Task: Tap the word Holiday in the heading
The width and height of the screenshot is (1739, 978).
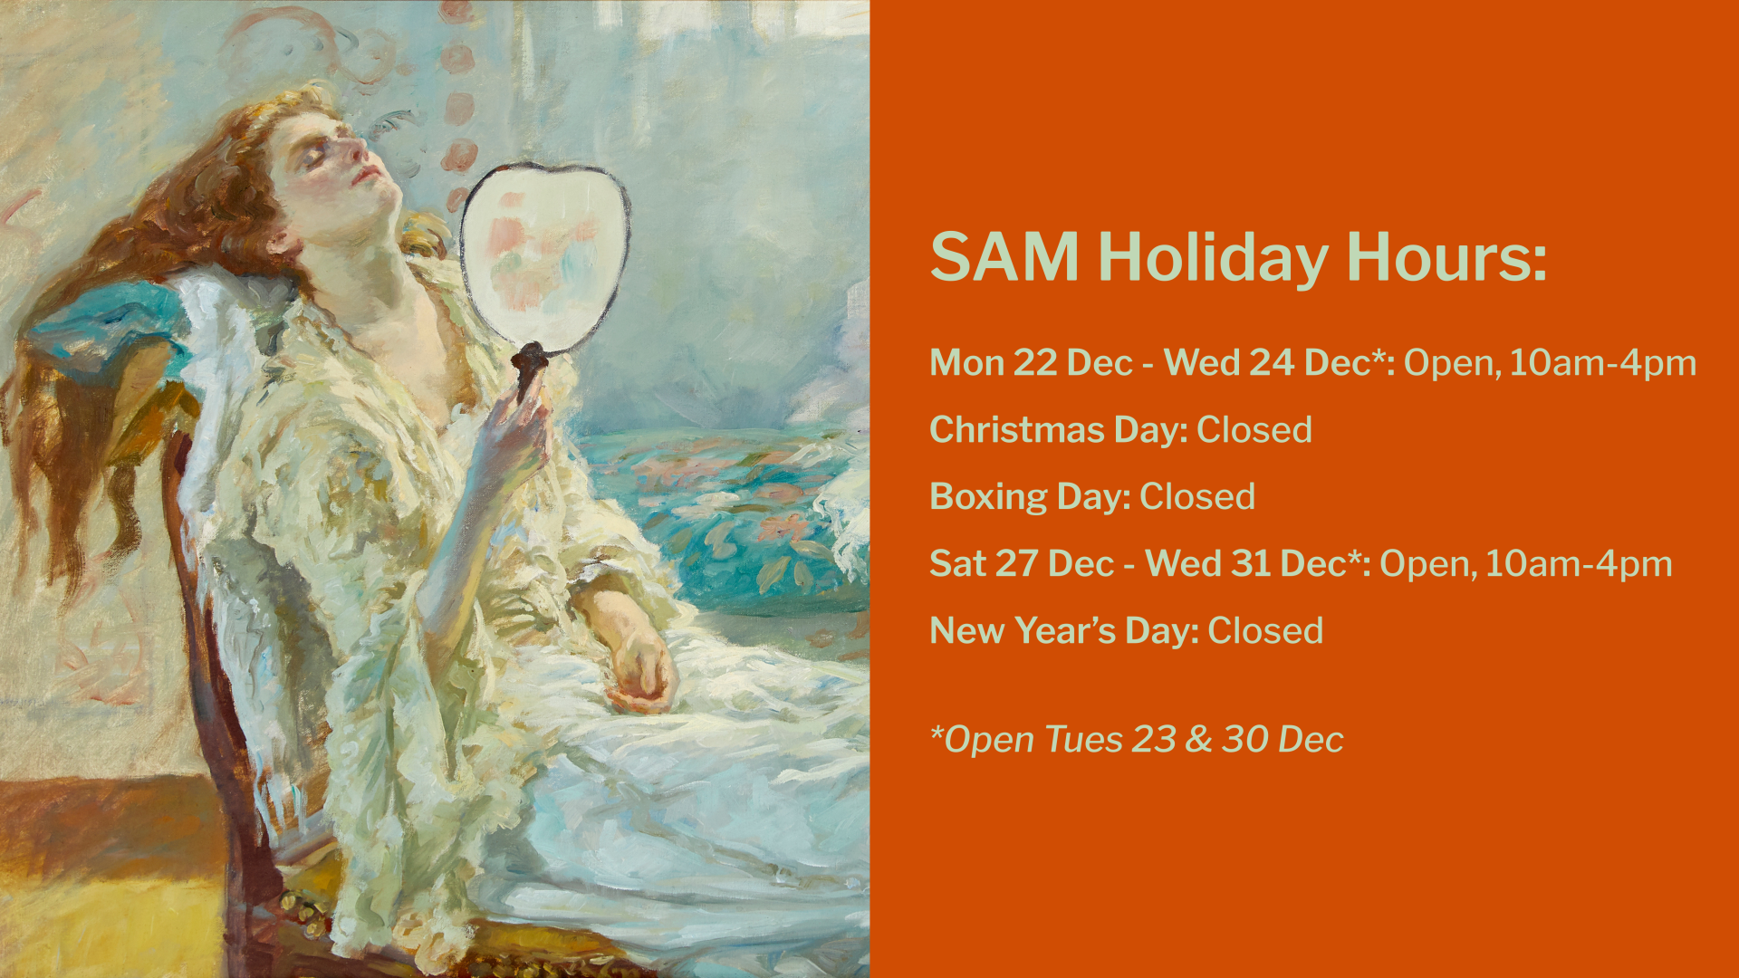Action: (1213, 259)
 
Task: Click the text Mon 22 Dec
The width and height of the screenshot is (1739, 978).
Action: (1031, 362)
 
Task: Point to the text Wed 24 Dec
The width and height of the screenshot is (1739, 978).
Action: (1267, 362)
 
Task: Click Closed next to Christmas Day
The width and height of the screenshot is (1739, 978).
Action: (1254, 429)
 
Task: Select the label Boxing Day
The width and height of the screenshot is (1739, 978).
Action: (1030, 497)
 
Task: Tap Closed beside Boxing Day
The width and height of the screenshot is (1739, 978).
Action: (1197, 496)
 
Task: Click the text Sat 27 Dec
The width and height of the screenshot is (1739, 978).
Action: (1022, 563)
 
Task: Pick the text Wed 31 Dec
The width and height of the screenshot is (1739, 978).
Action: (1245, 563)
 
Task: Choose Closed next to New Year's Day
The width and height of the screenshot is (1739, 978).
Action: (1265, 630)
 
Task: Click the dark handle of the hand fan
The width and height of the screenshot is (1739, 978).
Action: (528, 371)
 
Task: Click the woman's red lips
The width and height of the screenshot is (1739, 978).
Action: (364, 174)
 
